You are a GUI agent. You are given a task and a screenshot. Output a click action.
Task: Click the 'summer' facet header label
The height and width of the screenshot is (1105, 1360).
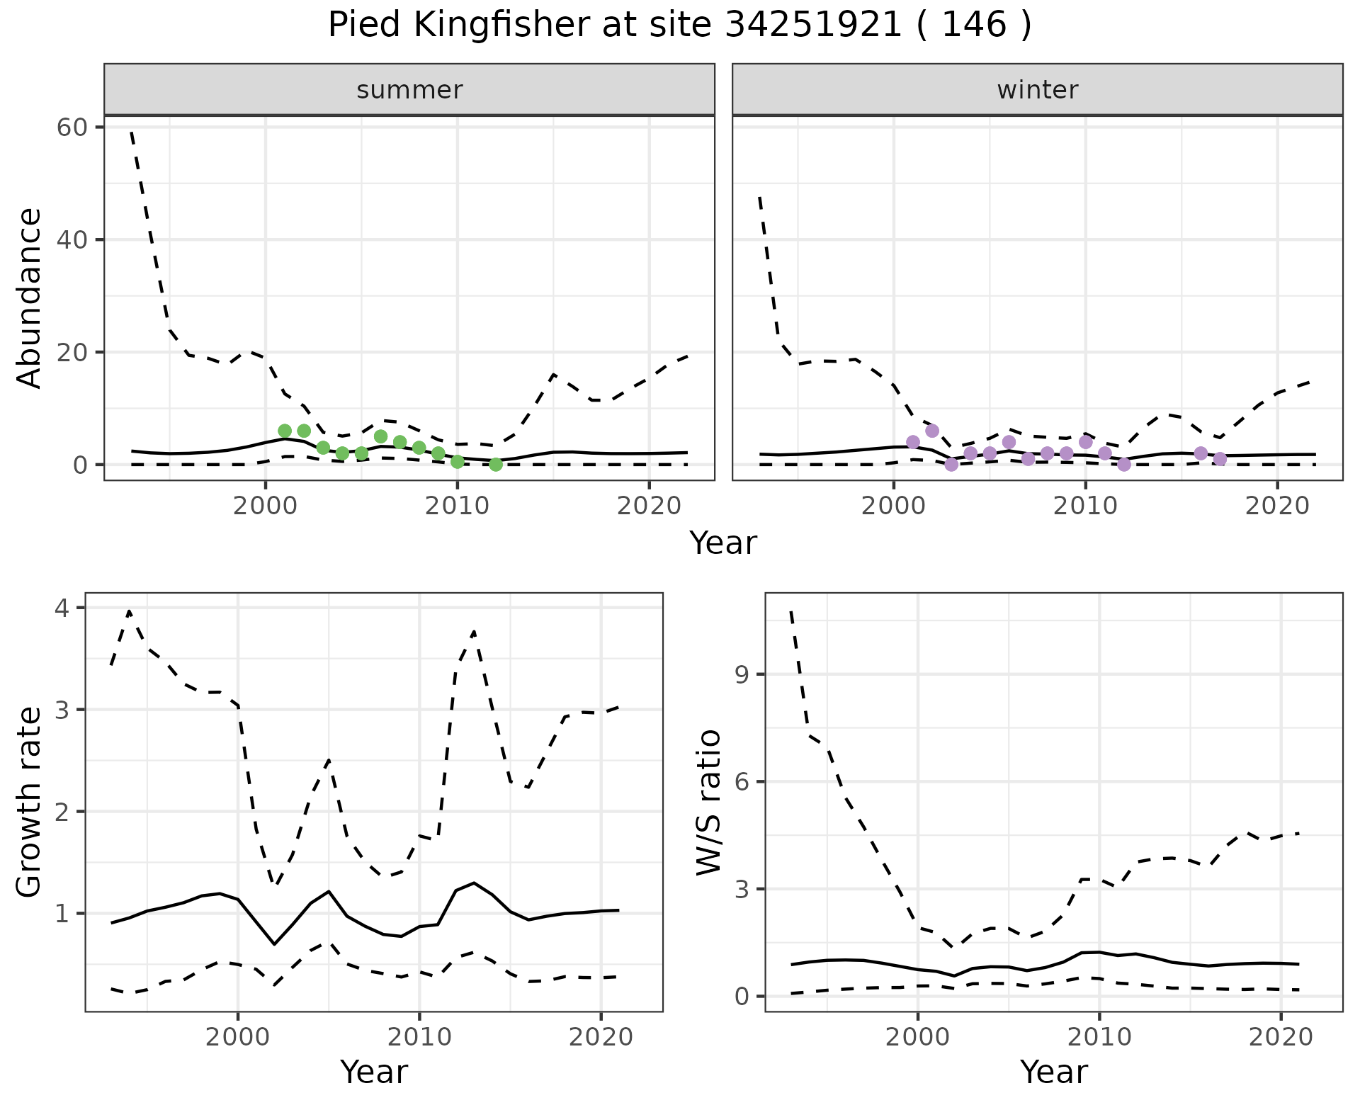click(x=409, y=90)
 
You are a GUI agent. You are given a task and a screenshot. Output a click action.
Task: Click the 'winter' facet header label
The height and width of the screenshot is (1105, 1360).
click(x=1037, y=90)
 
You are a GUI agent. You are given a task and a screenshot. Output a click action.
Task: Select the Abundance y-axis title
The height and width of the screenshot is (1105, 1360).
click(x=30, y=297)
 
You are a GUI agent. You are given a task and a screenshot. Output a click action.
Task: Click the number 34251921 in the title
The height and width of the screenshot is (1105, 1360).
click(x=813, y=25)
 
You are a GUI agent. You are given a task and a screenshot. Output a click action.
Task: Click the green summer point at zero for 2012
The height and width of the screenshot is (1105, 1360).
click(x=496, y=465)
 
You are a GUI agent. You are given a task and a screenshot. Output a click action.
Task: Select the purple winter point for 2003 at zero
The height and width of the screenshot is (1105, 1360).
click(x=951, y=465)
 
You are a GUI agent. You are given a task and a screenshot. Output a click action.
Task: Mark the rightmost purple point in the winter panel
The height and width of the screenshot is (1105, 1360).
click(x=1220, y=459)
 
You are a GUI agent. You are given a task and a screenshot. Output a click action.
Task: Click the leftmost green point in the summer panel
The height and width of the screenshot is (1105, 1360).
click(x=285, y=431)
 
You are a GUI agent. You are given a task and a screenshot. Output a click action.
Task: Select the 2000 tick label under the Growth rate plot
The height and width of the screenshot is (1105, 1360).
click(x=238, y=1037)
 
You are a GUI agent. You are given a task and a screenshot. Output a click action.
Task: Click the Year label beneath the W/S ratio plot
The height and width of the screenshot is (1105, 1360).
click(x=1053, y=1072)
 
